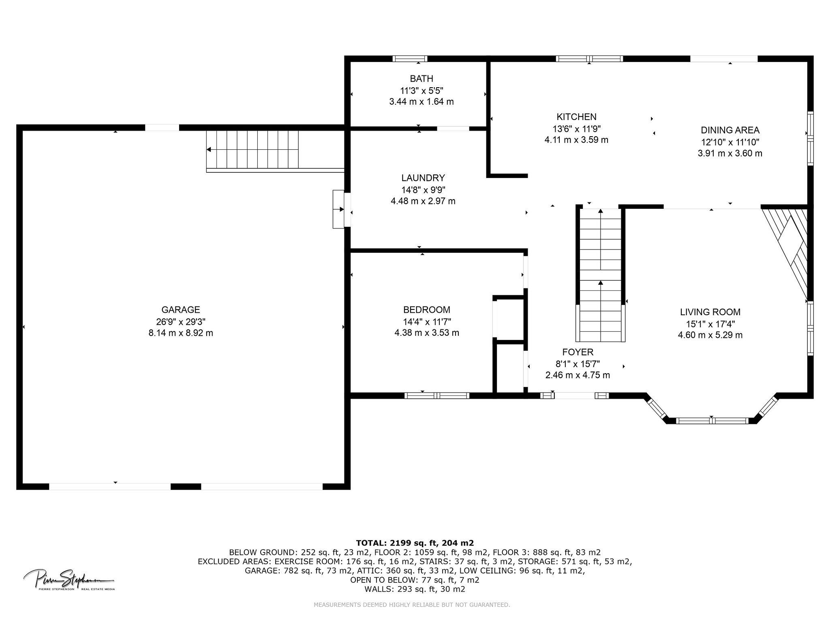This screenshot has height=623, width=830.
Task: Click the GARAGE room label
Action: (x=181, y=310)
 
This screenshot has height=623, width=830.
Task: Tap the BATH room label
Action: (x=421, y=79)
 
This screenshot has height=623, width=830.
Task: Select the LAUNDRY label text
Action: (x=423, y=178)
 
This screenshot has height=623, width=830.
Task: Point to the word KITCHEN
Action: (x=576, y=117)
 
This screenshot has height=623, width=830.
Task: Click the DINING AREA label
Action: (x=730, y=130)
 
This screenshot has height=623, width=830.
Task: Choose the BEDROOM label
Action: (x=427, y=310)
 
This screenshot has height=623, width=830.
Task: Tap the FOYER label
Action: (x=578, y=352)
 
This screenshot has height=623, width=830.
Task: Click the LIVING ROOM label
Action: (x=710, y=312)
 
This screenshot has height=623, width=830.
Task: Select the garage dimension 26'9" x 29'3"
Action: (x=181, y=322)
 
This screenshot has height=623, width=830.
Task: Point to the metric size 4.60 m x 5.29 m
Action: (x=710, y=335)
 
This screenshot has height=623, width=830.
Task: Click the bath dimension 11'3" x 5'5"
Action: (x=421, y=90)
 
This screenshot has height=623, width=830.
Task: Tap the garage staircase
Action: (x=252, y=149)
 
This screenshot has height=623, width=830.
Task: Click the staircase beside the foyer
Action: (x=601, y=275)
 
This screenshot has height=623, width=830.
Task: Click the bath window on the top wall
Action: (x=410, y=58)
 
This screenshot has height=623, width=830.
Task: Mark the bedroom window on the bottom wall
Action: (x=437, y=395)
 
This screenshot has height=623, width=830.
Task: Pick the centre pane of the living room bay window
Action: (x=712, y=421)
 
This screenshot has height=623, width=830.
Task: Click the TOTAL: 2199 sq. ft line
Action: (x=415, y=543)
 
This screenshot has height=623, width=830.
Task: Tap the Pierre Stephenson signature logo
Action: (x=69, y=580)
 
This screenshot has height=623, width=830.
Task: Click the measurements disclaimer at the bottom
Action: (x=412, y=605)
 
